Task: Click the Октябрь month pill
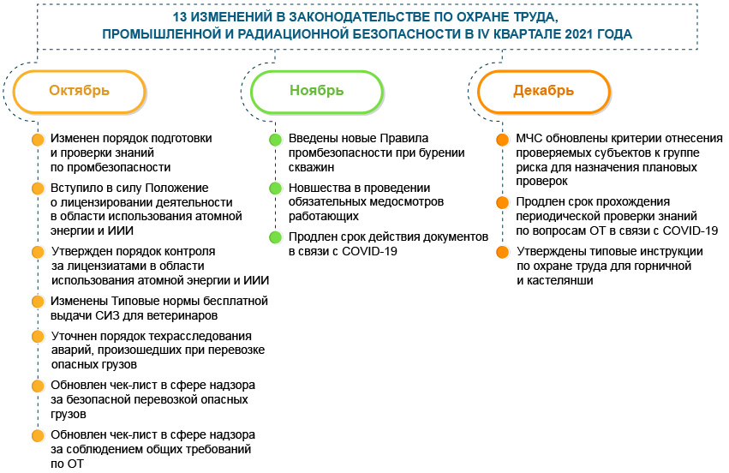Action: pyautogui.click(x=79, y=91)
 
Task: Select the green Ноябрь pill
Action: pyautogui.click(x=316, y=91)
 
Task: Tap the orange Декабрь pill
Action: pyautogui.click(x=543, y=91)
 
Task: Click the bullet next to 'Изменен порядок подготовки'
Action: pyautogui.click(x=37, y=140)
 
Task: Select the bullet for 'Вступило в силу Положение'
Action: pyautogui.click(x=37, y=189)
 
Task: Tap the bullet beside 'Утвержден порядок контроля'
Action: pyautogui.click(x=37, y=252)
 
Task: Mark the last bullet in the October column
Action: pyautogui.click(x=37, y=436)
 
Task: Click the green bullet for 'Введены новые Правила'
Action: pyautogui.click(x=275, y=140)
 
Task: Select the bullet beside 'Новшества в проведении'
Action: pyautogui.click(x=275, y=189)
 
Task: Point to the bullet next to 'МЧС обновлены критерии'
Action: pyautogui.click(x=502, y=140)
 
